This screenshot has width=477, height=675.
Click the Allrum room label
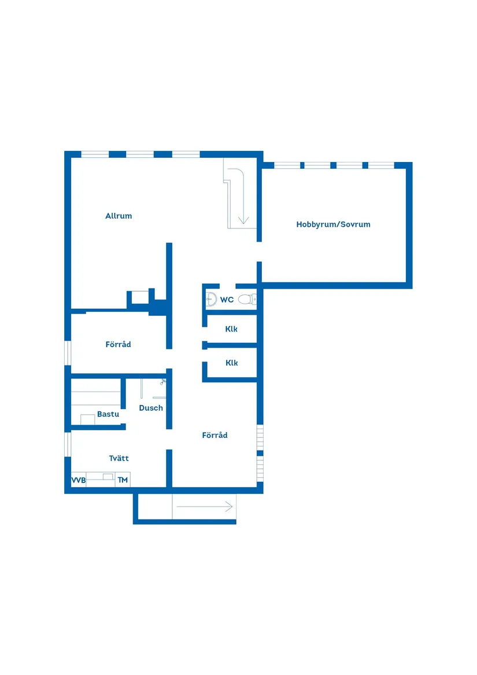point(119,216)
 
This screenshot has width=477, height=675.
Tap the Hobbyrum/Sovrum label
point(333,224)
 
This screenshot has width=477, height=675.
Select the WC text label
point(227,300)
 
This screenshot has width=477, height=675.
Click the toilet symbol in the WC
point(247,299)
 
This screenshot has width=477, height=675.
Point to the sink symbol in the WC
point(211,299)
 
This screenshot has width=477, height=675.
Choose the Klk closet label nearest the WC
point(231,329)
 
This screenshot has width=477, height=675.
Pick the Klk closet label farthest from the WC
point(232,363)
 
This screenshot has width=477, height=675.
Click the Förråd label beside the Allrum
point(118,344)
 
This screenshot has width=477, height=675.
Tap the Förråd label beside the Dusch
point(215,435)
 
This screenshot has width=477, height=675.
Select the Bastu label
point(108,414)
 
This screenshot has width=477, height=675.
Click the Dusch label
point(151,408)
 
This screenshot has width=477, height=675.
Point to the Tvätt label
point(119,458)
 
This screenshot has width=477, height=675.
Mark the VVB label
point(79,480)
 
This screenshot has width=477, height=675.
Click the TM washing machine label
point(123,480)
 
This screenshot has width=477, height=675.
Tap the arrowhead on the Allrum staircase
point(243,220)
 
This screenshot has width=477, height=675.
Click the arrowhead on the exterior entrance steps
point(229,507)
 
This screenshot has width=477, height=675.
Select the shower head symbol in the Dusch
point(162,381)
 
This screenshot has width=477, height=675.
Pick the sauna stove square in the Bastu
point(88,419)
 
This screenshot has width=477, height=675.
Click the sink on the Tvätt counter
point(108,477)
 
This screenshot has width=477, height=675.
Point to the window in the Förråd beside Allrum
point(68,353)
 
